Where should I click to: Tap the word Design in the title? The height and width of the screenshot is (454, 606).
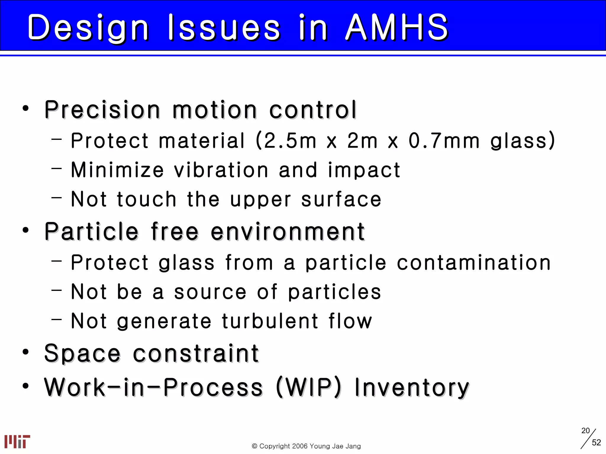click(x=88, y=28)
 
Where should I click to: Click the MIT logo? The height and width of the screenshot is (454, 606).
click(x=17, y=441)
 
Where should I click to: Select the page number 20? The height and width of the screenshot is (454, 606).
click(x=585, y=431)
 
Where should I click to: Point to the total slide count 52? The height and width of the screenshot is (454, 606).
click(x=596, y=442)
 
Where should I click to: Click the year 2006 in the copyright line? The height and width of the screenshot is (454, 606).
click(x=300, y=446)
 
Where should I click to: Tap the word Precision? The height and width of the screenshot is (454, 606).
click(x=102, y=110)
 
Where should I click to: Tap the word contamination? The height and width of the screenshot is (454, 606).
click(x=473, y=262)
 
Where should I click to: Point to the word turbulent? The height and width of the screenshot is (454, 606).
click(x=270, y=321)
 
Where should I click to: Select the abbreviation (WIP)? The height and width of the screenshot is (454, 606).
click(x=309, y=387)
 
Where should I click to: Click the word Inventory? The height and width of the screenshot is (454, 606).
click(x=412, y=388)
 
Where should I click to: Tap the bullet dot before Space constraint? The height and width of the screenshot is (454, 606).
click(x=26, y=352)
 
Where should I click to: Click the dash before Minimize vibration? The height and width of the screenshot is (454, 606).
click(x=56, y=168)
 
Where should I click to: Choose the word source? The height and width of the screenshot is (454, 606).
click(x=210, y=292)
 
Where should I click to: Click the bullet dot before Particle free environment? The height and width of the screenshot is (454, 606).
click(x=26, y=230)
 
